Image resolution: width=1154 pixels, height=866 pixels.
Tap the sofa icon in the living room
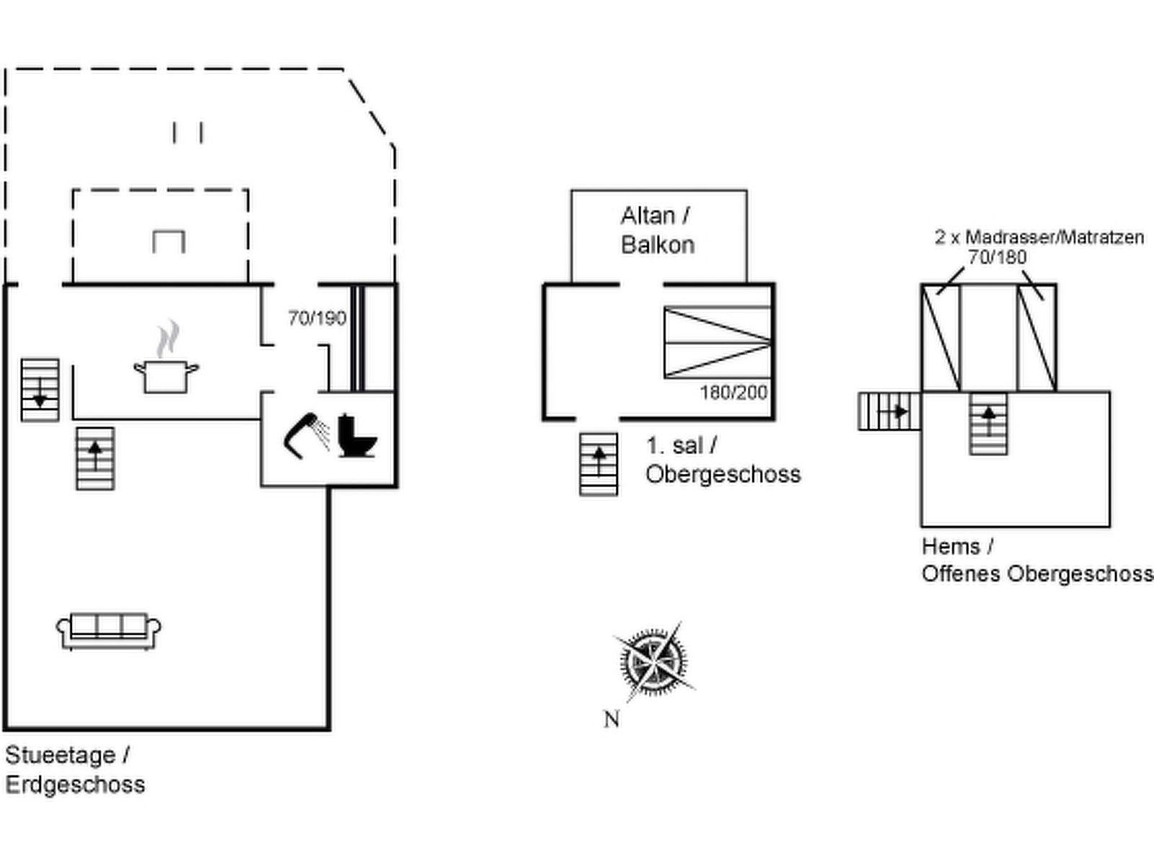(109, 631)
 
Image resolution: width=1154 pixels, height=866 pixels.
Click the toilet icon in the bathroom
(357, 435)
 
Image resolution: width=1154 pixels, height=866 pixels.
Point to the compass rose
(653, 661)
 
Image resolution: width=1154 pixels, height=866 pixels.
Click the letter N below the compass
(612, 719)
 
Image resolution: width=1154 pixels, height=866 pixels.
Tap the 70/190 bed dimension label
(317, 318)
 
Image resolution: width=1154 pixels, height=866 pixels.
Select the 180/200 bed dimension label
(734, 393)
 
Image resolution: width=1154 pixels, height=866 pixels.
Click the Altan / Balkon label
(657, 230)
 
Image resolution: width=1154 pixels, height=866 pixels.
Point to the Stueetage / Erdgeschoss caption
(75, 769)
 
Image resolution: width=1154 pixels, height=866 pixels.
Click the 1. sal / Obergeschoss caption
(723, 460)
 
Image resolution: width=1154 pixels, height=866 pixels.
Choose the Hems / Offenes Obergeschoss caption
(1036, 560)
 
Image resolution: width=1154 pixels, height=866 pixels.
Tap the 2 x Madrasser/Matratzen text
(1039, 237)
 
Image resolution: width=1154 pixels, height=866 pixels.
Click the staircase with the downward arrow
(40, 390)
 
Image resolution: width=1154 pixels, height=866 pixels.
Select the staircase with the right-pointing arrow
(889, 411)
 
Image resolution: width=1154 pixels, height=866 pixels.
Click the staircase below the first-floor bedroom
(599, 464)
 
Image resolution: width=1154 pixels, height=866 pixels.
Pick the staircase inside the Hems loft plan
(988, 424)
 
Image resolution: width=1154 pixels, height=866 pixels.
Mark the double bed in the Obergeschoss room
(718, 342)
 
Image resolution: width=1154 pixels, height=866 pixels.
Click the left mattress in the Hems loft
(941, 338)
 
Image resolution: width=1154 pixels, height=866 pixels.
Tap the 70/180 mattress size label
(997, 257)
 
